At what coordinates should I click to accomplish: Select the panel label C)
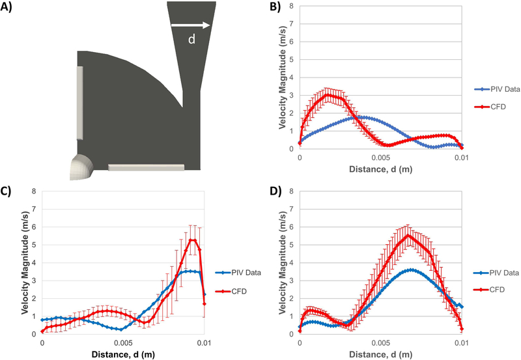pyautogui.click(x=9, y=193)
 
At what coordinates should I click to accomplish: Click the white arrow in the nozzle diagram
pyautogui.click(x=191, y=26)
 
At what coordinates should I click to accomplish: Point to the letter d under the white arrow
pyautogui.click(x=191, y=40)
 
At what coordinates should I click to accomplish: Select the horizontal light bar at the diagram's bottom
pyautogui.click(x=146, y=167)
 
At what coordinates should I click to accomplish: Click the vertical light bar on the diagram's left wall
pyautogui.click(x=79, y=102)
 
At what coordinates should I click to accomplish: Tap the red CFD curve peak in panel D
pyautogui.click(x=408, y=235)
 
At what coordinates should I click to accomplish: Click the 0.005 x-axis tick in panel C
pyautogui.click(x=123, y=341)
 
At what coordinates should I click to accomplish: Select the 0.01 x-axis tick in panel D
pyautogui.click(x=461, y=341)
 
